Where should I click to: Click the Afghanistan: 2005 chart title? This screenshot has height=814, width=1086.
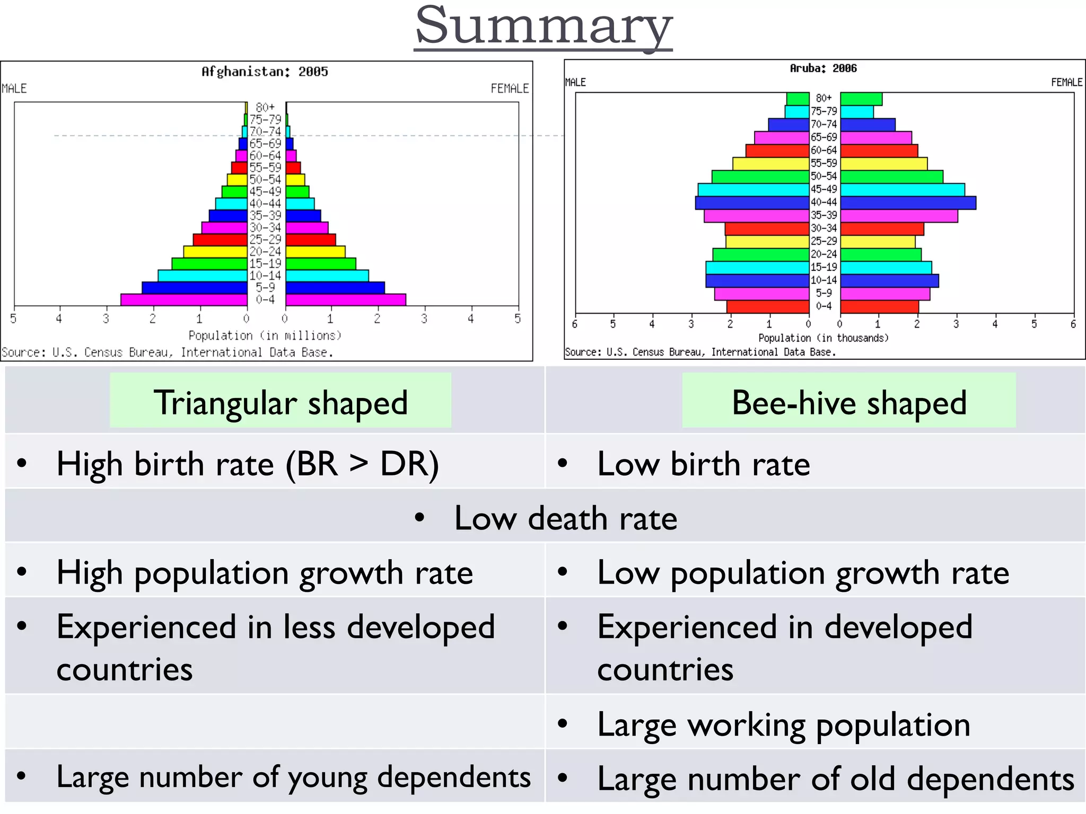(265, 72)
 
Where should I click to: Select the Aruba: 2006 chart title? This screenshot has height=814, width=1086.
(823, 68)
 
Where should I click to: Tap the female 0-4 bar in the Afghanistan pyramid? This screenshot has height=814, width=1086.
(345, 299)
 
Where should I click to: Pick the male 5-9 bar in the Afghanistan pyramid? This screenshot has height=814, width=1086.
(195, 288)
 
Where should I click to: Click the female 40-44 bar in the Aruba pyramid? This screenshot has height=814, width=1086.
(908, 202)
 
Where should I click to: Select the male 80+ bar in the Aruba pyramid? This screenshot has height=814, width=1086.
(798, 99)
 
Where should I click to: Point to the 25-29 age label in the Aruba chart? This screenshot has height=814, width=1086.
(824, 241)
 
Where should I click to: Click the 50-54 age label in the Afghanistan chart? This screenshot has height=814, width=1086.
(265, 180)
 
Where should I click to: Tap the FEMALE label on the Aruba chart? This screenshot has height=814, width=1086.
(1066, 82)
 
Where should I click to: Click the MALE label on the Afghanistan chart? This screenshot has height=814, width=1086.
(14, 89)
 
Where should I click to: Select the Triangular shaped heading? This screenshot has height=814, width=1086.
(281, 402)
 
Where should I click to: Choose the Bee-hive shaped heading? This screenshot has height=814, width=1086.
(849, 402)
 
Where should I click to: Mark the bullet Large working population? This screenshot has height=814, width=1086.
(783, 724)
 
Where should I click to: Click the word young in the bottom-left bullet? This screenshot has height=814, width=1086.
(327, 777)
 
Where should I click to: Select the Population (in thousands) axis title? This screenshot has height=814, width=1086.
(823, 338)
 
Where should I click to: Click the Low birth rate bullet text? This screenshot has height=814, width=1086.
(703, 464)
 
